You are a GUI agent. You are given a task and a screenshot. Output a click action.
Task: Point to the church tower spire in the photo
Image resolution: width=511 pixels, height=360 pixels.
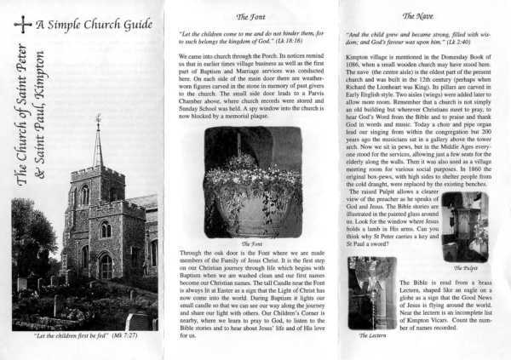point(98,140)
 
